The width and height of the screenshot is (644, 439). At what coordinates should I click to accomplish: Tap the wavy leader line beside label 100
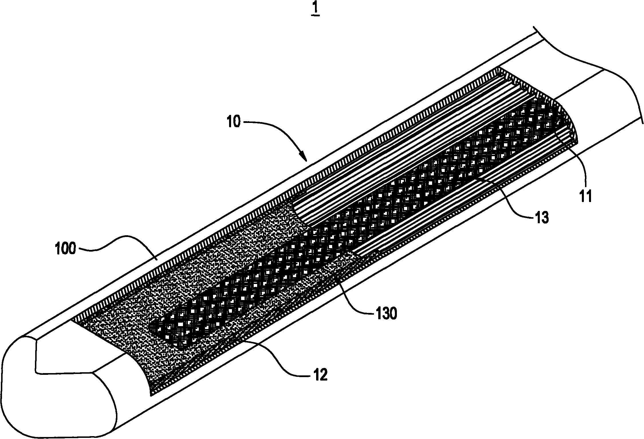click(x=117, y=244)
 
